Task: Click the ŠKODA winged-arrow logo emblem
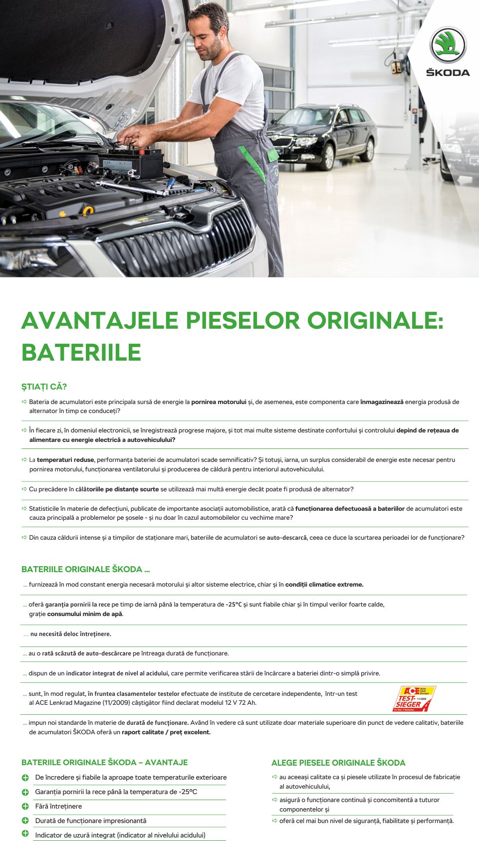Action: pyautogui.click(x=448, y=45)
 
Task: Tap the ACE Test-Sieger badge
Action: pyautogui.click(x=414, y=698)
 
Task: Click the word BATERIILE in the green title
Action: pyautogui.click(x=81, y=353)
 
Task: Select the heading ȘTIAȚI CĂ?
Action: pyautogui.click(x=44, y=387)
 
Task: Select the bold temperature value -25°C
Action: pyautogui.click(x=234, y=605)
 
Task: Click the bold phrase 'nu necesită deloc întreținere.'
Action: pyautogui.click(x=71, y=634)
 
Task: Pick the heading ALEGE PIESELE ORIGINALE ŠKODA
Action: pyautogui.click(x=338, y=763)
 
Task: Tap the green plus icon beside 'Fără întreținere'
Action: pyautogui.click(x=25, y=806)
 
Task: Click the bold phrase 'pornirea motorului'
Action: pyautogui.click(x=219, y=402)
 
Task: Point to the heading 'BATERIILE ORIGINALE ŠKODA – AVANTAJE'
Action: pyautogui.click(x=105, y=762)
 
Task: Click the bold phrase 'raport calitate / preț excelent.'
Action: pyautogui.click(x=166, y=732)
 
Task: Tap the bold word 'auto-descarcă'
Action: pyautogui.click(x=286, y=538)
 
